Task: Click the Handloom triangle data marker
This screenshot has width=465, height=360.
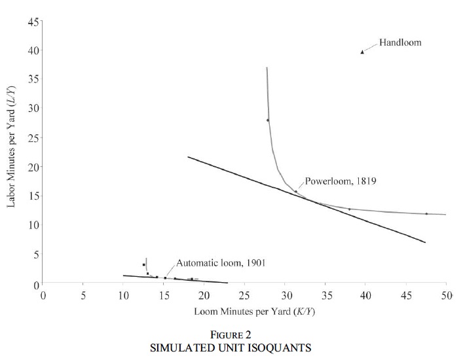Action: (362, 52)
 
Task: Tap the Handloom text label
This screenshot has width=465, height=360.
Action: (400, 43)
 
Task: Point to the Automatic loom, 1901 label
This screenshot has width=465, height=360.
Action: (219, 262)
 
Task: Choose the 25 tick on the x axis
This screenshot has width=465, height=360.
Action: (244, 295)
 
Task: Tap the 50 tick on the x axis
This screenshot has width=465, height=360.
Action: (446, 295)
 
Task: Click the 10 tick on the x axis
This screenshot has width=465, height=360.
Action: (123, 295)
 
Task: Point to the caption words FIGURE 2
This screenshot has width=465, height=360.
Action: (243, 334)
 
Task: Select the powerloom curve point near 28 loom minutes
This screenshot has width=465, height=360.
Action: (268, 120)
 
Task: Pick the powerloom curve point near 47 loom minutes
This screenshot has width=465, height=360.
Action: (426, 213)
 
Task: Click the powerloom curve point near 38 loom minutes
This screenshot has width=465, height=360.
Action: (349, 209)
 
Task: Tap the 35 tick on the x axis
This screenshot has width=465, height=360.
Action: (325, 295)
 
